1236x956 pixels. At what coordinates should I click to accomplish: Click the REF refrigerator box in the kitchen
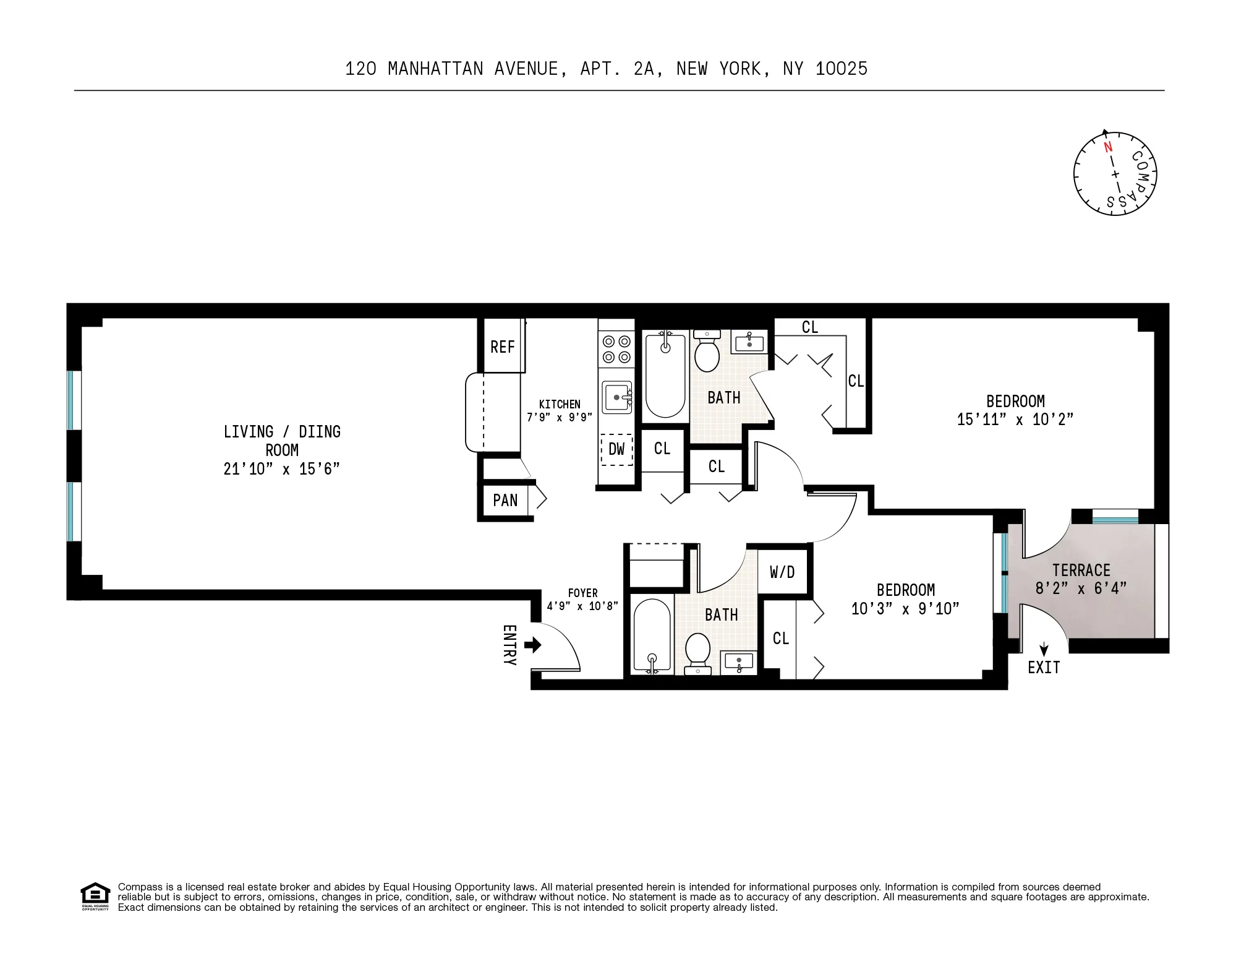tap(503, 347)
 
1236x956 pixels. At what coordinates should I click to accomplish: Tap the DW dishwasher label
tap(616, 449)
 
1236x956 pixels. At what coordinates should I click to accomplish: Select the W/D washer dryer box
tap(782, 572)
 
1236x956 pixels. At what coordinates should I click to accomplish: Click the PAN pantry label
tap(505, 500)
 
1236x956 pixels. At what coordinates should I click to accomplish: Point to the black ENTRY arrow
tap(532, 645)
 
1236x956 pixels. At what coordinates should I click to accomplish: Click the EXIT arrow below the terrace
tap(1044, 649)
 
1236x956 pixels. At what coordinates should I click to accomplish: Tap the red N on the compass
tap(1108, 147)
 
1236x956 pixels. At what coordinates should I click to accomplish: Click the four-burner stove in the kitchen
tap(616, 349)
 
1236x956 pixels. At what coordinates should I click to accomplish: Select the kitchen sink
tap(617, 397)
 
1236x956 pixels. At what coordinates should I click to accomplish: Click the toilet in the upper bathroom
tap(707, 352)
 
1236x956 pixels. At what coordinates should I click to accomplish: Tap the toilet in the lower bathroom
tap(698, 652)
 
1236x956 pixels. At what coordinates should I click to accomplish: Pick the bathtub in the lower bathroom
tap(652, 635)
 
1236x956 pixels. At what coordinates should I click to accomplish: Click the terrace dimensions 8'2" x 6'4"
tap(1081, 588)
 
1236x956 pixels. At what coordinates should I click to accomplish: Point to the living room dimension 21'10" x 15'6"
tap(281, 469)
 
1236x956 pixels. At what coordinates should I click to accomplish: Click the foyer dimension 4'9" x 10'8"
tap(582, 606)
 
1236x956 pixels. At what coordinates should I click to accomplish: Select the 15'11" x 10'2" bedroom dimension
tap(1015, 420)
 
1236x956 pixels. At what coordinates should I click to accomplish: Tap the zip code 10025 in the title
tap(841, 69)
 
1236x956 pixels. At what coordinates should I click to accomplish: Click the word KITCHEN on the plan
tap(560, 405)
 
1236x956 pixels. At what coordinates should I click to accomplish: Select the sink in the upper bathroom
tap(749, 342)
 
